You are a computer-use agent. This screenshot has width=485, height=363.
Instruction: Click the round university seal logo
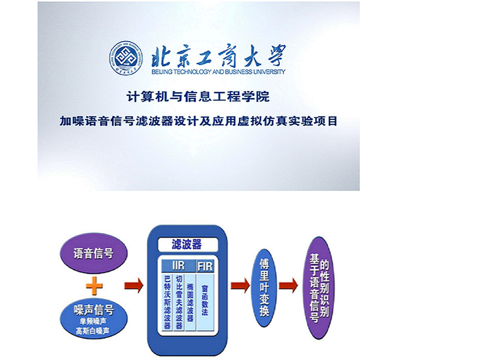(126, 58)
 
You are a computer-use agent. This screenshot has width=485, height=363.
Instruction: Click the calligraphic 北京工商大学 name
(219, 56)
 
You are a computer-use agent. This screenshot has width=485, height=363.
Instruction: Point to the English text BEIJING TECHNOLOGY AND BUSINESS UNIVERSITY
(218, 72)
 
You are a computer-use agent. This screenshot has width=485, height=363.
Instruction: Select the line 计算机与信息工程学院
(198, 97)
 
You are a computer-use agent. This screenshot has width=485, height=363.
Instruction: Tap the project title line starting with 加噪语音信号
(198, 121)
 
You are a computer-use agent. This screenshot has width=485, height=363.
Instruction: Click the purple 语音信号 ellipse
(93, 253)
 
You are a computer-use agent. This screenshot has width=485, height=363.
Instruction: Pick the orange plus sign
(94, 286)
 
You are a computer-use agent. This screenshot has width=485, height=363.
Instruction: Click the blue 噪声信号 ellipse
(93, 319)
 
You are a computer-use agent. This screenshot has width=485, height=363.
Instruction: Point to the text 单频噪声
(93, 321)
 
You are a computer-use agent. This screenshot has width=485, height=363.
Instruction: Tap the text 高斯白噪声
(93, 331)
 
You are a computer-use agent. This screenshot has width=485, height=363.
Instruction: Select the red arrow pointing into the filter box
(134, 285)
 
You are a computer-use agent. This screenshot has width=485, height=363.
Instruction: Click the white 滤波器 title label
(188, 244)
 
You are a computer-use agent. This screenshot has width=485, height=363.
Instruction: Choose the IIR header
(178, 266)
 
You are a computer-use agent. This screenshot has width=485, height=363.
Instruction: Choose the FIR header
(205, 266)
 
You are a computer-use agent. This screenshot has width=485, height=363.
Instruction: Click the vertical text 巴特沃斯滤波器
(167, 302)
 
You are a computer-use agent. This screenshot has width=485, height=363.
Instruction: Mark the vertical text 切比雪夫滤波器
(179, 302)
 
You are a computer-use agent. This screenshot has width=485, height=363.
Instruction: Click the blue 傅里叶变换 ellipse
(264, 288)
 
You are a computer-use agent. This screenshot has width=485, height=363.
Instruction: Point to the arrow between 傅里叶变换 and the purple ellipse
(288, 285)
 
